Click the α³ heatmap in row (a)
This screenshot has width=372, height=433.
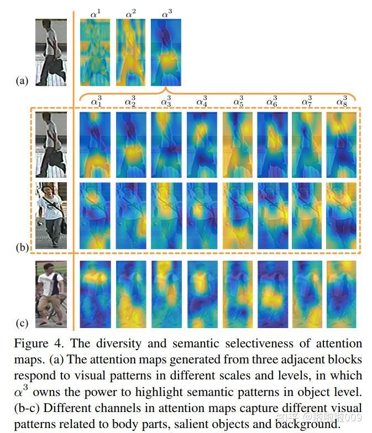166,52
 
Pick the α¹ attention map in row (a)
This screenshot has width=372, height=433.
95,52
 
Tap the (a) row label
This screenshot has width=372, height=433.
22,81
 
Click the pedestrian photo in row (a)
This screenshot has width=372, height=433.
51,52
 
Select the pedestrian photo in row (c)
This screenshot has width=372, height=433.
51,295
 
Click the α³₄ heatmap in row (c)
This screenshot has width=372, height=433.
202,295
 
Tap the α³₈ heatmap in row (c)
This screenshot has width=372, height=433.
341,295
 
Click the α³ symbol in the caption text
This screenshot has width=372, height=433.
24,392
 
